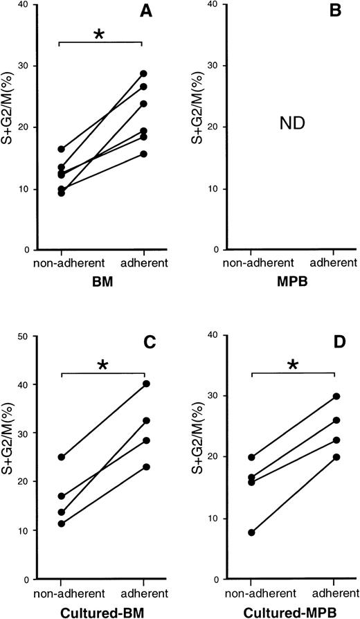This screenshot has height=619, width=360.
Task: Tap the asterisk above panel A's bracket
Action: click(x=101, y=34)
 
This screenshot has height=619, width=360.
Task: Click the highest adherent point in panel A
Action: click(x=143, y=73)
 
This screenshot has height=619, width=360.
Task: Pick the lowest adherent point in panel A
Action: click(x=143, y=154)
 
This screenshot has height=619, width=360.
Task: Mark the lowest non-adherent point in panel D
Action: click(x=252, y=532)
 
